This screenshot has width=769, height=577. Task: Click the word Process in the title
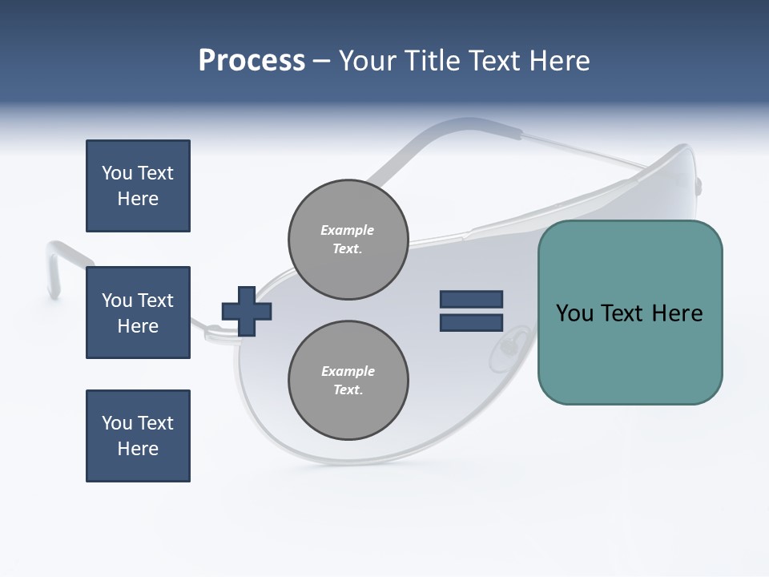coord(252,61)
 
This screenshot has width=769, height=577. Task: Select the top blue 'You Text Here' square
coord(138,186)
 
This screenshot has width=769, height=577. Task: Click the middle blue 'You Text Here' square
coord(138,313)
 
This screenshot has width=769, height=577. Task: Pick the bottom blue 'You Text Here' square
coord(138,436)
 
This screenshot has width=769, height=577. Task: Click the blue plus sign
coord(247,311)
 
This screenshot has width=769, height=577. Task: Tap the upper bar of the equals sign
coord(471,300)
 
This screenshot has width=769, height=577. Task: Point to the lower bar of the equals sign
coord(471,322)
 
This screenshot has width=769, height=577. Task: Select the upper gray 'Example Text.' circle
coord(348,240)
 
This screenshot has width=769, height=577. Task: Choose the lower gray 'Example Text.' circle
coord(348,381)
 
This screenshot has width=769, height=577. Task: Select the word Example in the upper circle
coord(348,230)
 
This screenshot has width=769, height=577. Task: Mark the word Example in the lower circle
coord(348,371)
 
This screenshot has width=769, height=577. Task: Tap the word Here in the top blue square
coord(138,199)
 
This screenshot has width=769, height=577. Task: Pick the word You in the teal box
coord(574,313)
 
